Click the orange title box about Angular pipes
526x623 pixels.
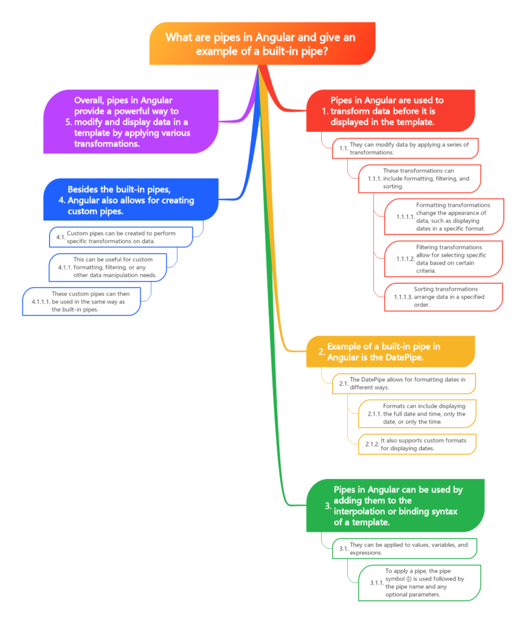(x=261, y=44)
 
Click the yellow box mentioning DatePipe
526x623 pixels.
(x=389, y=352)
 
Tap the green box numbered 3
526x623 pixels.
(x=395, y=506)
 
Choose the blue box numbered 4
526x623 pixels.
(x=131, y=200)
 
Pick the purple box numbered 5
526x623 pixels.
(x=131, y=122)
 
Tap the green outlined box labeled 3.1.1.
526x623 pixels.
(x=420, y=583)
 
